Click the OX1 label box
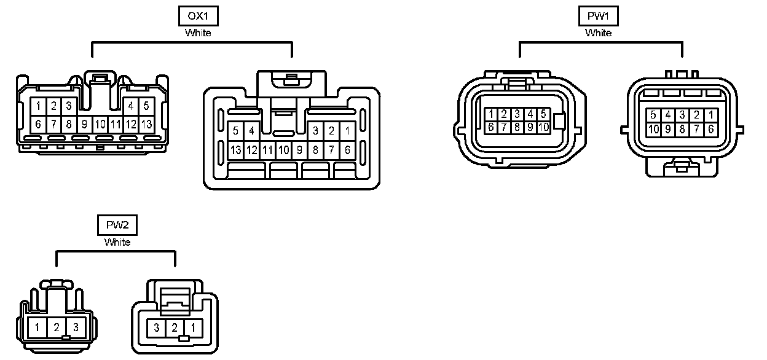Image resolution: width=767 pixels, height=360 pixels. point(198,15)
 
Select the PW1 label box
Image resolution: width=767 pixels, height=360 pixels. point(598,15)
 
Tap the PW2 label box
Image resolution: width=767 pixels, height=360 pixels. point(117,225)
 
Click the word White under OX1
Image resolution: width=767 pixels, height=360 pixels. point(198,33)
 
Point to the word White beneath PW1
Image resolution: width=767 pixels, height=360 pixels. point(598,33)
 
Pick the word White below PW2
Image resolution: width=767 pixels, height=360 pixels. point(117,242)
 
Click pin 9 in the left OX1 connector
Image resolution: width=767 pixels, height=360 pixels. point(85,124)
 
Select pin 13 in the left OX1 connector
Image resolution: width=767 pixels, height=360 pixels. point(146,124)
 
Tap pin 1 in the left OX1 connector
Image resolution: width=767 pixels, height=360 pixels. point(38,106)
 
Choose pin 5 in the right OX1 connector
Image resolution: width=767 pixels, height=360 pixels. point(235,130)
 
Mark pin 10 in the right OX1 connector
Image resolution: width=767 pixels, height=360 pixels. point(283,149)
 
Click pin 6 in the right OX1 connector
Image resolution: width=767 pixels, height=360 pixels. point(347,149)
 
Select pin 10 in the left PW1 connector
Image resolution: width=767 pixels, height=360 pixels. point(543,127)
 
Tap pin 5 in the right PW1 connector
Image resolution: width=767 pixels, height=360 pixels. point(653,115)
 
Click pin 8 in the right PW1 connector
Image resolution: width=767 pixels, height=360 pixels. point(682,129)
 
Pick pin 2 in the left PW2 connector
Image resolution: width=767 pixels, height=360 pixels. point(57,327)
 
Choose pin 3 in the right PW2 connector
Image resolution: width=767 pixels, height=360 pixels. point(157,327)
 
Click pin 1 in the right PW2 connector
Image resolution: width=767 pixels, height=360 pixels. point(192,327)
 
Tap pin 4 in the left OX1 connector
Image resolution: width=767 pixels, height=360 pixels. point(131,106)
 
